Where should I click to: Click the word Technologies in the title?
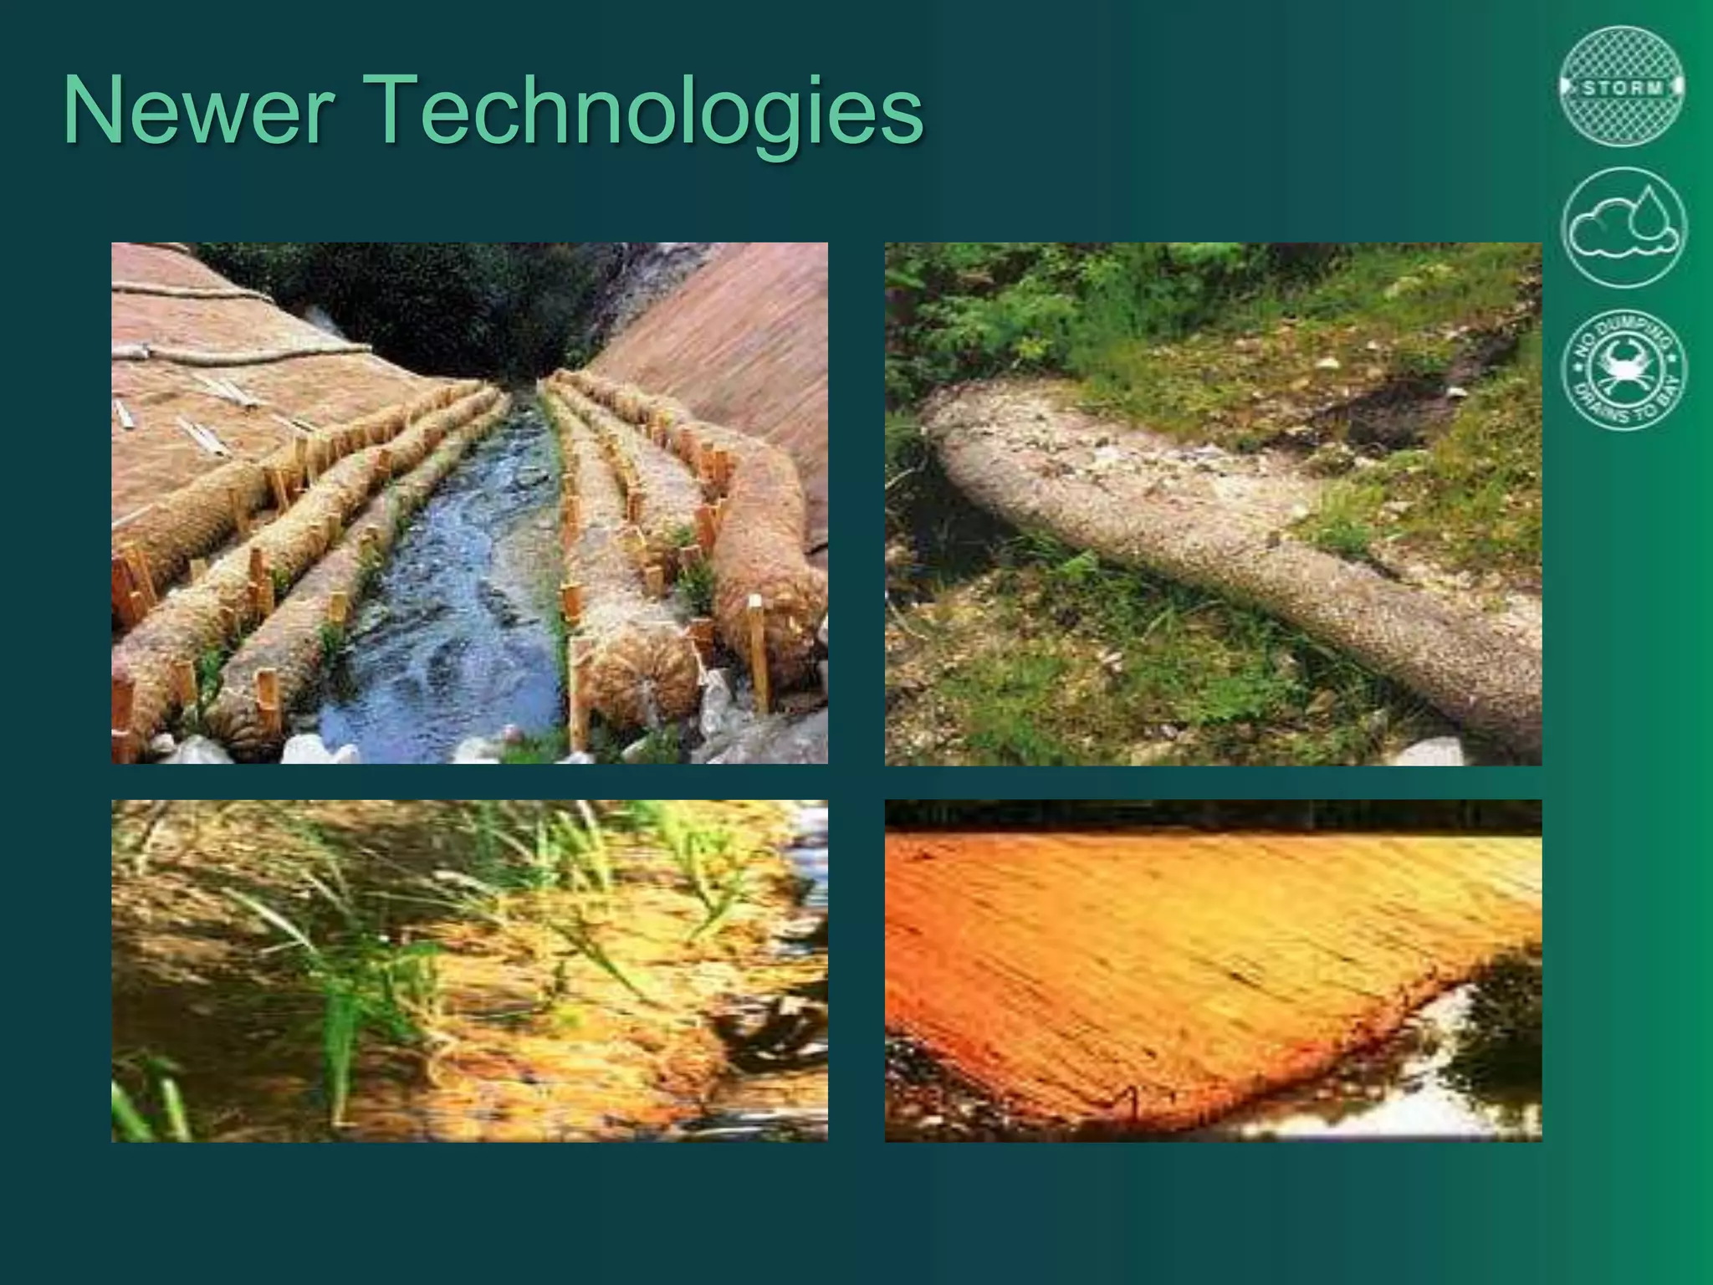tap(647, 113)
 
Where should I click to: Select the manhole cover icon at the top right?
tap(1623, 86)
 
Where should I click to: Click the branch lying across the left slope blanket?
tap(243, 356)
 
